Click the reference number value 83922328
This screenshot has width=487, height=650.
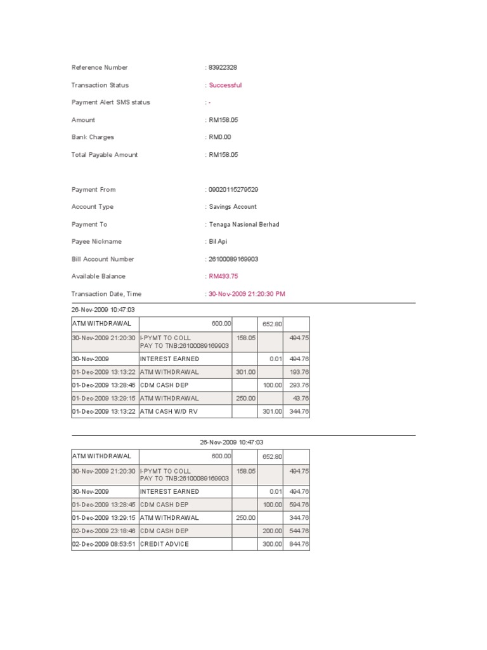[223, 67]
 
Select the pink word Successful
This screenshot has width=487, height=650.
[225, 85]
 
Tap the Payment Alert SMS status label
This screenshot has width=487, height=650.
[111, 102]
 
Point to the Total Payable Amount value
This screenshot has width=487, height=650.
[223, 155]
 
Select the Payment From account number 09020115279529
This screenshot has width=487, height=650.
[233, 190]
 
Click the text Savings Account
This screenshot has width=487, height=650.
[233, 207]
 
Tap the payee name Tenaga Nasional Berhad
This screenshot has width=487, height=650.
[244, 225]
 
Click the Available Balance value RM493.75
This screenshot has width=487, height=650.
[223, 277]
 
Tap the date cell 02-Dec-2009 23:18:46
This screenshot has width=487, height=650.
[104, 531]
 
